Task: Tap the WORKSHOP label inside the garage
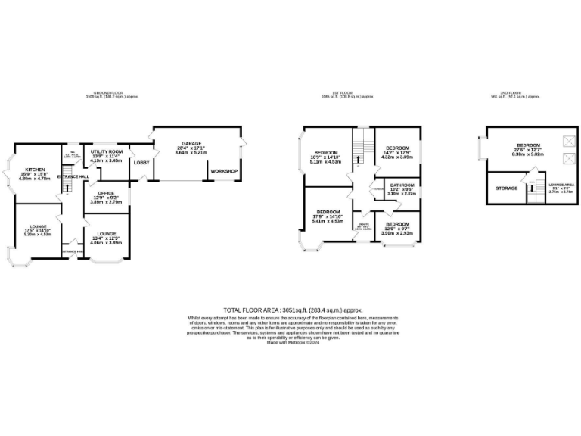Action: (x=224, y=171)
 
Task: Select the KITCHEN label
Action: (x=35, y=170)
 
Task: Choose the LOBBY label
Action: (x=141, y=163)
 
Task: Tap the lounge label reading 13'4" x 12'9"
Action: (x=106, y=223)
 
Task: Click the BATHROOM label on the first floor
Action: (x=402, y=185)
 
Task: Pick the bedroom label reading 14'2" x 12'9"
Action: (x=398, y=148)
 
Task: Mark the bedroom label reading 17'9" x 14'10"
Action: (x=328, y=212)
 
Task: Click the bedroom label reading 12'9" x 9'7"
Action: (x=397, y=225)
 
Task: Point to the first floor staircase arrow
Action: (x=360, y=142)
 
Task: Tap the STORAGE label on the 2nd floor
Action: (x=506, y=188)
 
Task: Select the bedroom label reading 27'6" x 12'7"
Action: (x=528, y=145)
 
